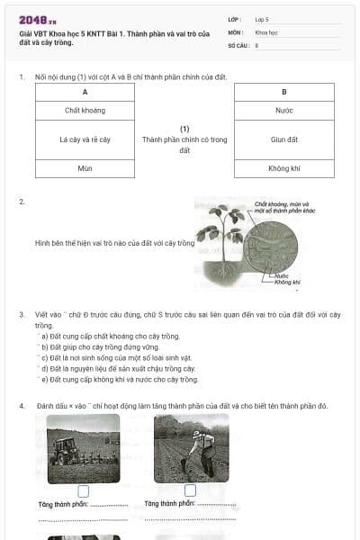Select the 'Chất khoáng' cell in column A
point(85,110)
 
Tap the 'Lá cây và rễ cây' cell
point(85,139)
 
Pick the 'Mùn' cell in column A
point(85,168)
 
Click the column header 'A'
point(85,92)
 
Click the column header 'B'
point(283,92)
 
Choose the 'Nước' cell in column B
point(283,110)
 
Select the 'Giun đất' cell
point(283,139)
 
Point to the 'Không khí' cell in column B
point(283,168)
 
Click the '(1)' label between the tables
point(184,129)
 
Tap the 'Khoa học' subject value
point(266,31)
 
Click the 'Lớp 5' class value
point(262,19)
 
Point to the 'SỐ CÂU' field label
point(238,44)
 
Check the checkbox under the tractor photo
point(84,490)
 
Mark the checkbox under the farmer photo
point(190,490)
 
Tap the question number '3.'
point(22,314)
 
